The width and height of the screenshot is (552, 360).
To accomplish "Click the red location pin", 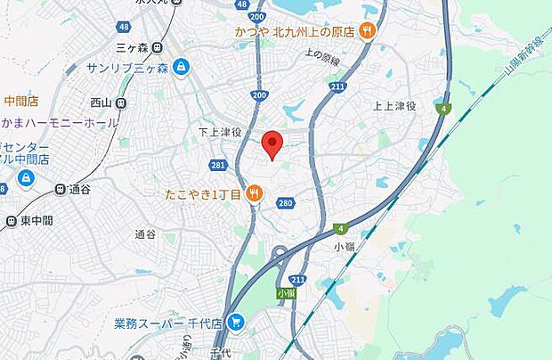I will (273, 143).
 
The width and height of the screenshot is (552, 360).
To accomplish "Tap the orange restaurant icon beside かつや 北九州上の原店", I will (367, 32).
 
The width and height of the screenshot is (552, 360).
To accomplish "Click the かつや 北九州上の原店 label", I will (294, 32).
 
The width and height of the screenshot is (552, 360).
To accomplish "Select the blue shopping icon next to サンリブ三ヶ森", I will (182, 67).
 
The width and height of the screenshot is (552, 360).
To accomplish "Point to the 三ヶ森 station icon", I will (157, 47).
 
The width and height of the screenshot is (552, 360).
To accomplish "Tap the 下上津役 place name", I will (220, 131).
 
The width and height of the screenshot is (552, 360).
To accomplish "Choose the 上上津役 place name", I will (394, 105).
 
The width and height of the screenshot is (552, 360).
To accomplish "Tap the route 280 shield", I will (285, 204).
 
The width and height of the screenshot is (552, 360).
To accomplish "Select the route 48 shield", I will (241, 5).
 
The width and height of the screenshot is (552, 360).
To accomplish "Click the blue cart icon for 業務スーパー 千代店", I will (236, 323).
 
